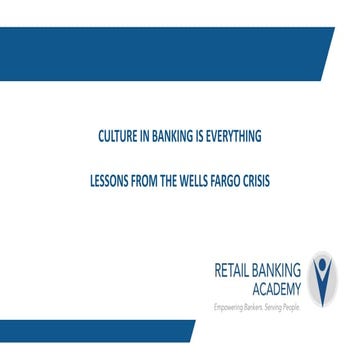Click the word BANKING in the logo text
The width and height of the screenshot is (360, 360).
283,267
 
